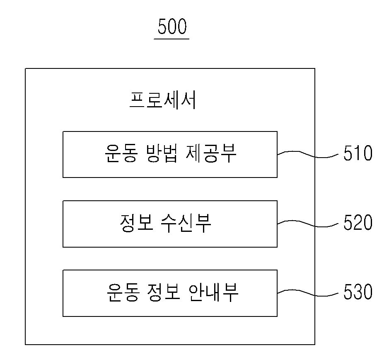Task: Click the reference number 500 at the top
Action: (172, 26)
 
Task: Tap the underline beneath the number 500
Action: (172, 39)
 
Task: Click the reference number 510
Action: (358, 153)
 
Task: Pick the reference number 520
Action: (358, 222)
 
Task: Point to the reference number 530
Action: (358, 292)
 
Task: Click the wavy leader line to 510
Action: (308, 154)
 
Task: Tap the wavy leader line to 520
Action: (308, 224)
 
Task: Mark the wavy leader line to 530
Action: (308, 293)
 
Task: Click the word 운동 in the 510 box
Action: (121, 153)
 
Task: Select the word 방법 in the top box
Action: (162, 153)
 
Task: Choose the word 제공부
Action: (211, 153)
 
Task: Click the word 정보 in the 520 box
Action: (136, 223)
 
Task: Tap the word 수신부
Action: (186, 223)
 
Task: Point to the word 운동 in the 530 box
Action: (123, 292)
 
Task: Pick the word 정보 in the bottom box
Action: (163, 292)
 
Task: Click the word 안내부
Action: (213, 292)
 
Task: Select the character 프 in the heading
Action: (137, 101)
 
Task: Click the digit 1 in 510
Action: (358, 153)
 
